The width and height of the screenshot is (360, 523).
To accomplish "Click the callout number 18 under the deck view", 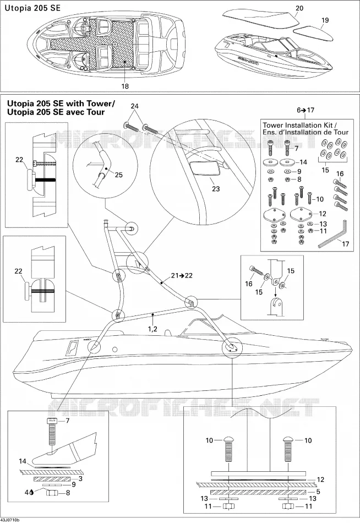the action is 125,86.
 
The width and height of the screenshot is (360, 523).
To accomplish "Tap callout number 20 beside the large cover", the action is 299,8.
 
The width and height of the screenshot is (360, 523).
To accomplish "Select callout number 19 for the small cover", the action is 325,20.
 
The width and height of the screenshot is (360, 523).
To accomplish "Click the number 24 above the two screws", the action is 134,106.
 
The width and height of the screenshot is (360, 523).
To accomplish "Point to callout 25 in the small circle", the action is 118,175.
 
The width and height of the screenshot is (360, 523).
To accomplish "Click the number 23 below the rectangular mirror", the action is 216,189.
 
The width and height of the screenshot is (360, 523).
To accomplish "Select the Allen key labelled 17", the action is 332,233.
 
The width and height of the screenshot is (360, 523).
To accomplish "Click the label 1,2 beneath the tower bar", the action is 152,329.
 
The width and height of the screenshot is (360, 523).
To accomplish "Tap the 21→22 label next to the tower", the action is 182,275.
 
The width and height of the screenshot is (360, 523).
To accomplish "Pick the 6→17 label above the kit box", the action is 306,110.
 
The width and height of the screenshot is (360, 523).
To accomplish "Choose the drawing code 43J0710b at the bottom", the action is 10,520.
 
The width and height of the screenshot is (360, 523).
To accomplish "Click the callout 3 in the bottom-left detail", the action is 80,478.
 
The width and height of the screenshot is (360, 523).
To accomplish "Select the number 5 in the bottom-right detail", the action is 318,491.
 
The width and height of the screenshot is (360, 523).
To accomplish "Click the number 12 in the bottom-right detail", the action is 320,480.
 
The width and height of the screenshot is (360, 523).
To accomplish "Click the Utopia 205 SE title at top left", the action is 32,8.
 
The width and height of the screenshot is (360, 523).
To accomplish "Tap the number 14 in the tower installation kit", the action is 303,162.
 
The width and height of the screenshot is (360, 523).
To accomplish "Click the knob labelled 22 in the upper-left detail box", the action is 31,179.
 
